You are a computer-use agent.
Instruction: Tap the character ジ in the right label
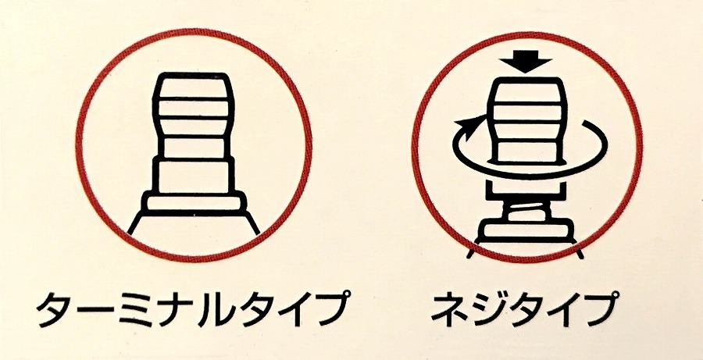click(x=486, y=311)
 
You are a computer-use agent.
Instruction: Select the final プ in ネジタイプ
click(x=601, y=309)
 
